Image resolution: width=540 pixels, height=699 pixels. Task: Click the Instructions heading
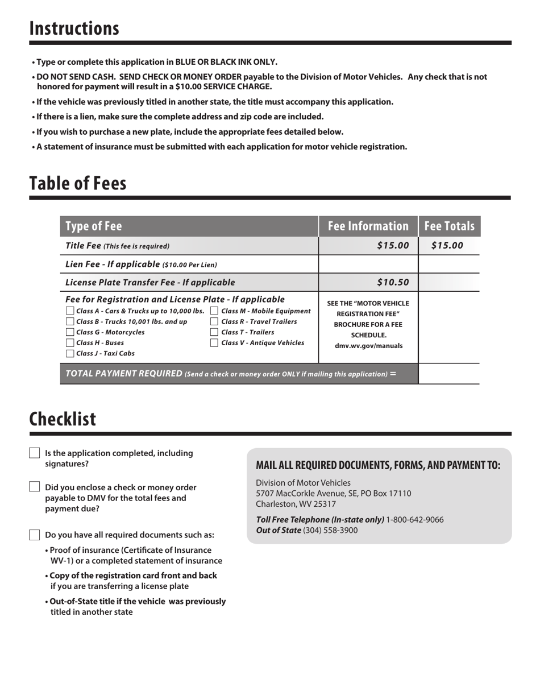click(x=74, y=28)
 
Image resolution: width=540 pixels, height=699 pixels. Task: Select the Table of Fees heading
click(x=78, y=184)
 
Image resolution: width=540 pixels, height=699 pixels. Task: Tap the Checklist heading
click(x=63, y=419)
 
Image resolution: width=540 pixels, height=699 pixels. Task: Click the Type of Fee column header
click(x=94, y=226)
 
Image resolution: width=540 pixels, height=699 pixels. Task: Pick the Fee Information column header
click(x=368, y=226)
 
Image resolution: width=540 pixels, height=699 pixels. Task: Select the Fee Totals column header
click(x=449, y=226)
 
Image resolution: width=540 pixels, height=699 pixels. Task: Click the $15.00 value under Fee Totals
click(x=447, y=246)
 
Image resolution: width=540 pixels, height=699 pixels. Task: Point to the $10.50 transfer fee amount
click(x=393, y=282)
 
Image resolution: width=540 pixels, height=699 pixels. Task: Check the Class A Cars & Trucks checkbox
click(x=70, y=311)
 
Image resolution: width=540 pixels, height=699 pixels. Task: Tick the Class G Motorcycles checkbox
click(x=70, y=332)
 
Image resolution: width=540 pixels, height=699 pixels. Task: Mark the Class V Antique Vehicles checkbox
click(x=214, y=343)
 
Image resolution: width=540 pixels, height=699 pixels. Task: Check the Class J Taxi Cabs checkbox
click(x=70, y=353)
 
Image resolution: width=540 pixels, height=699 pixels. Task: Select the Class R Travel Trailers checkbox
click(x=214, y=322)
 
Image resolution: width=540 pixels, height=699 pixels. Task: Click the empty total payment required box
click(x=448, y=374)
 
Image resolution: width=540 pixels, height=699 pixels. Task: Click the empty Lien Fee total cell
click(x=448, y=264)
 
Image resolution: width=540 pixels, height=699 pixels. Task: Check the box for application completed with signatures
click(x=35, y=453)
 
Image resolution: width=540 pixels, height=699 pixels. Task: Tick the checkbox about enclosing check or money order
click(x=35, y=487)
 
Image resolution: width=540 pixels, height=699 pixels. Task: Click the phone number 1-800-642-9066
click(x=415, y=520)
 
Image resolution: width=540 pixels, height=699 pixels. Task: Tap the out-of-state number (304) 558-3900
click(x=330, y=530)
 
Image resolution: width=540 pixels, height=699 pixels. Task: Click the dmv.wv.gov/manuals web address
click(x=368, y=346)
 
